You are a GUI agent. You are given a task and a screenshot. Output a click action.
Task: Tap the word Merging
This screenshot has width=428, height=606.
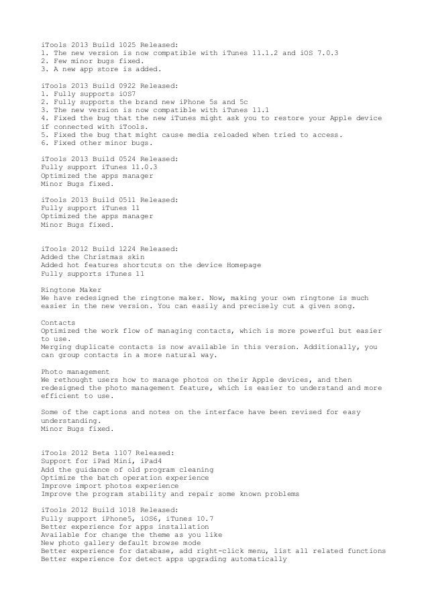tap(58, 348)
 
